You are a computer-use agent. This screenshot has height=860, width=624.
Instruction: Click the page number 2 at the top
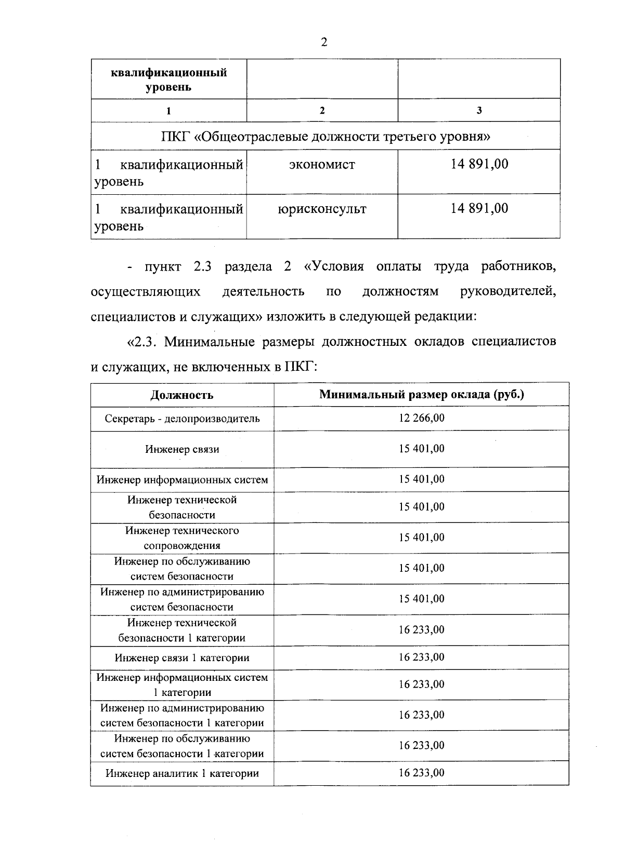click(x=324, y=43)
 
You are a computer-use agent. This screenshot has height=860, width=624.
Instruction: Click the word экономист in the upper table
click(x=322, y=165)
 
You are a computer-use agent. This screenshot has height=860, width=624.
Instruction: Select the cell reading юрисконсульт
click(x=322, y=209)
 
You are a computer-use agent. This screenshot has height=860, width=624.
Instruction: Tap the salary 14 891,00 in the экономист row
click(x=479, y=164)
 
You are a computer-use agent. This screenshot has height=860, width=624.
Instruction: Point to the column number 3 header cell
click(x=479, y=110)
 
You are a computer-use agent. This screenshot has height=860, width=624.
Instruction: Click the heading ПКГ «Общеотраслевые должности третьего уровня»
click(x=326, y=137)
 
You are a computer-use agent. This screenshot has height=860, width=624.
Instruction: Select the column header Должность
click(x=182, y=395)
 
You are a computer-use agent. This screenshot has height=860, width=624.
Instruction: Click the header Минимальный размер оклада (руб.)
click(x=421, y=394)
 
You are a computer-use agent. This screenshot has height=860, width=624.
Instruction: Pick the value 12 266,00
click(x=422, y=418)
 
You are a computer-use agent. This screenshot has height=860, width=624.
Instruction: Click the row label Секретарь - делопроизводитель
click(x=182, y=419)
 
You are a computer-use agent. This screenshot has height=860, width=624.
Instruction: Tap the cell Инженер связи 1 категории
click(x=182, y=658)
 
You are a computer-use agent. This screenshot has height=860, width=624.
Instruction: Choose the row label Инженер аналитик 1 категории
click(x=182, y=773)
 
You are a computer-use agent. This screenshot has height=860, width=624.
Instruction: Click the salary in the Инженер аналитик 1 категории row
click(x=422, y=773)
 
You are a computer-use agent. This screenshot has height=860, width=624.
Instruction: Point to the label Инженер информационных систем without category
click(x=182, y=480)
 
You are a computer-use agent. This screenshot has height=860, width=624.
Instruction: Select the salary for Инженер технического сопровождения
click(x=422, y=537)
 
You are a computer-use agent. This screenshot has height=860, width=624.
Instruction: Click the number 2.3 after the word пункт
click(x=201, y=267)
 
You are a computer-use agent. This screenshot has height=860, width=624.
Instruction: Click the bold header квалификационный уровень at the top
click(x=168, y=79)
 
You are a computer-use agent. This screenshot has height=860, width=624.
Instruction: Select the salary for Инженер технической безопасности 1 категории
click(x=422, y=630)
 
